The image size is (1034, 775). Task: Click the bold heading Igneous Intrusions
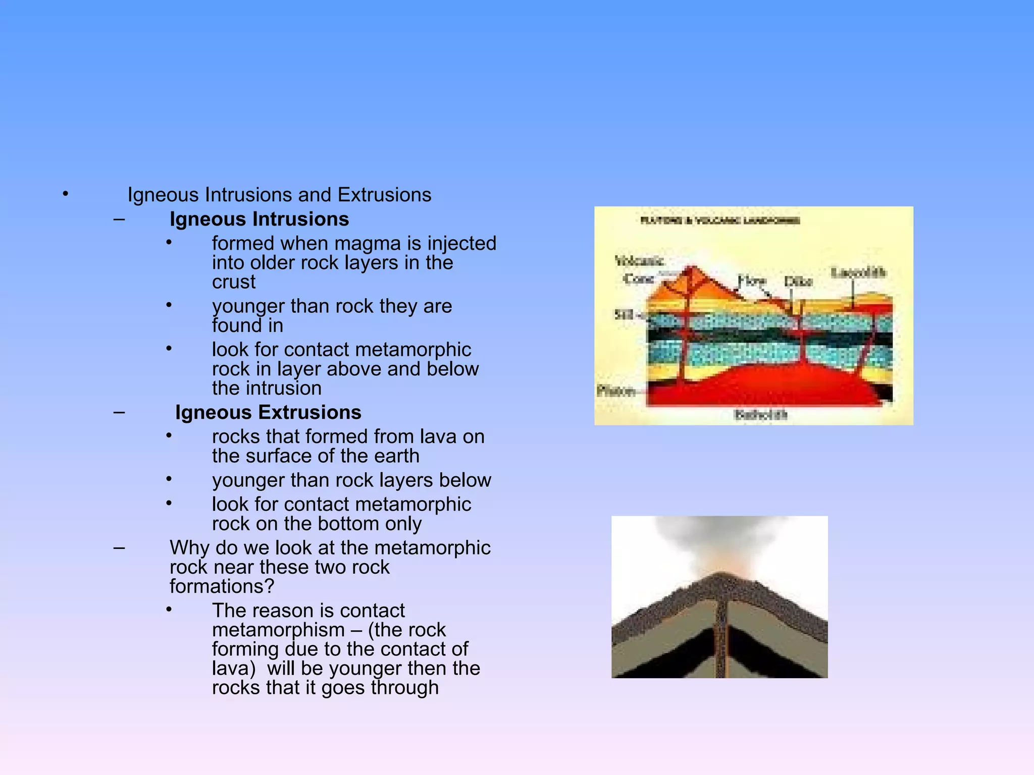(x=259, y=219)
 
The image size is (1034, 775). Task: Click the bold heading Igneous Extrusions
(x=268, y=413)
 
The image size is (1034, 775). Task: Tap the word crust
(x=234, y=282)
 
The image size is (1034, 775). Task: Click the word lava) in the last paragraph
(x=234, y=669)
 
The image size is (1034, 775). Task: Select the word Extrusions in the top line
(x=384, y=195)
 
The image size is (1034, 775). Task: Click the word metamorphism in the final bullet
(x=278, y=630)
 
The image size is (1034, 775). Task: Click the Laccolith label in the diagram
(x=858, y=273)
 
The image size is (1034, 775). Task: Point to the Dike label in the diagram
(x=798, y=282)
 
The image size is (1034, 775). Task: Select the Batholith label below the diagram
(x=760, y=415)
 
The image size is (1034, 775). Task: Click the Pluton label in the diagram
(x=615, y=391)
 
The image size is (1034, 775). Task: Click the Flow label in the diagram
(x=752, y=280)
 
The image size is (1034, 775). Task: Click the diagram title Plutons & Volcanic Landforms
(x=720, y=220)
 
